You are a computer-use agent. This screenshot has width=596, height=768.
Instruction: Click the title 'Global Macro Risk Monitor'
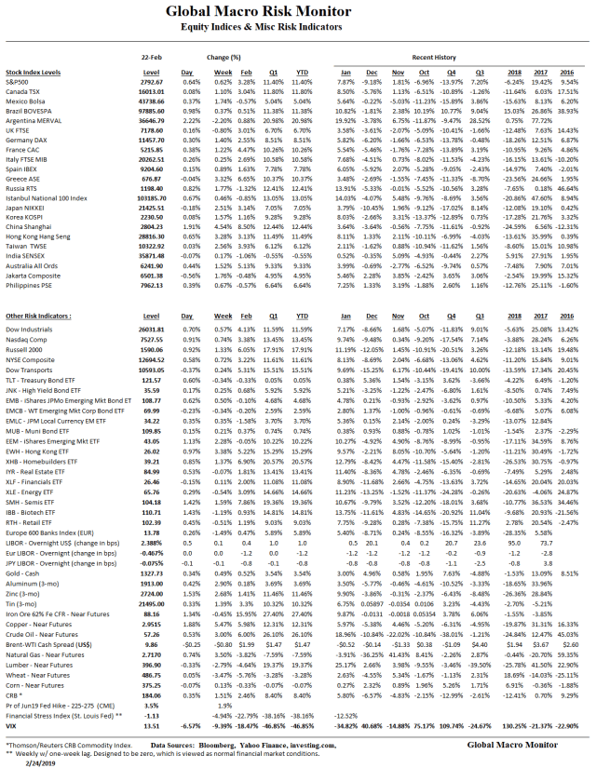(x=298, y=12)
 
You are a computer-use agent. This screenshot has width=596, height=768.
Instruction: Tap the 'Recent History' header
(x=439, y=57)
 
